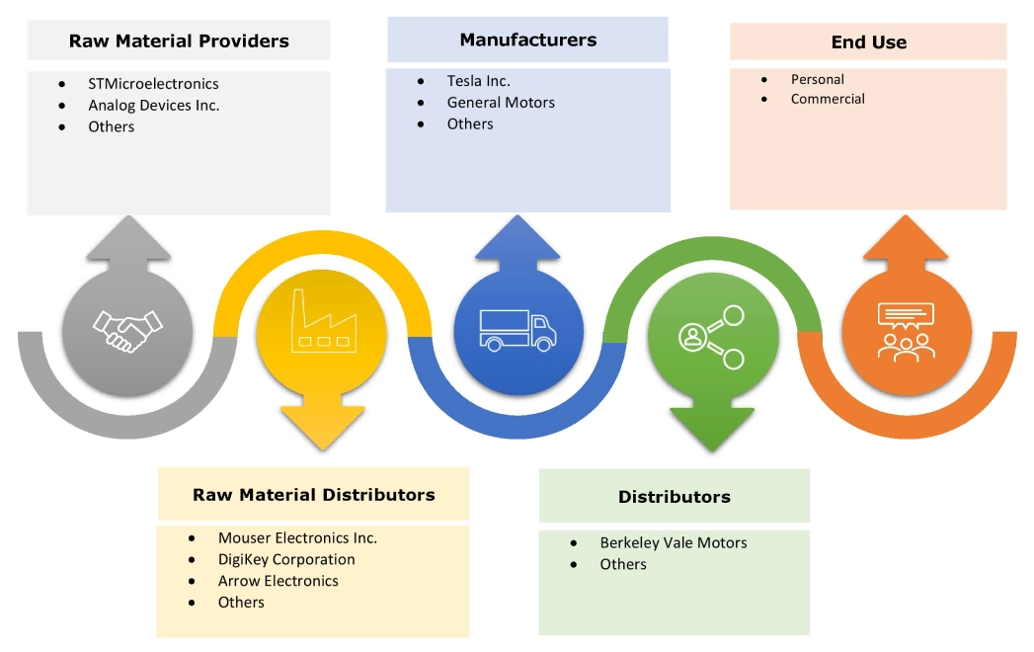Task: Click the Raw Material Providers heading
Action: [179, 41]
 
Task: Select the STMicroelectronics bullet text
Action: [153, 84]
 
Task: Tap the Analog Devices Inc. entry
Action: [153, 105]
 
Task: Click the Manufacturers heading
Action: [527, 40]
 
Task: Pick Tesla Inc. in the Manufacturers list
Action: [478, 81]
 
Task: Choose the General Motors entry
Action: [501, 103]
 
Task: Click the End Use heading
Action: [868, 41]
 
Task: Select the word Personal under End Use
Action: [817, 79]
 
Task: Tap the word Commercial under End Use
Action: [828, 99]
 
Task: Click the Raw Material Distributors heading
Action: [313, 494]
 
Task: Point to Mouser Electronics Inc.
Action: [297, 538]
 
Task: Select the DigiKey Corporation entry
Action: [286, 559]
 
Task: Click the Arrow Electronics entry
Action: [278, 581]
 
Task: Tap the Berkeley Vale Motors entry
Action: [673, 543]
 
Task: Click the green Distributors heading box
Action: [674, 496]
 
